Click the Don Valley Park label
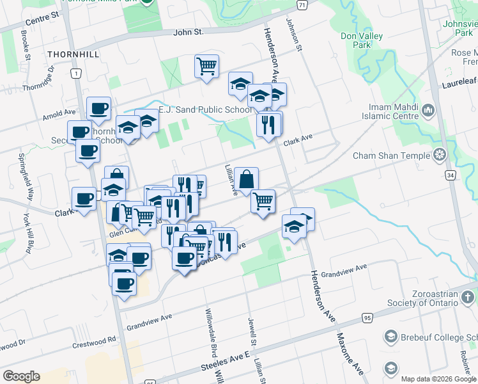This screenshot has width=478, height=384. tap(362, 40)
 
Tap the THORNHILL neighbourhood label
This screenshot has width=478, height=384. tap(73, 54)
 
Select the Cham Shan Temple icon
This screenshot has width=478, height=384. tap(439, 155)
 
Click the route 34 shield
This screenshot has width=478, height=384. tap(451, 174)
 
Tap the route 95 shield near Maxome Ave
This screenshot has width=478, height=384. tap(366, 317)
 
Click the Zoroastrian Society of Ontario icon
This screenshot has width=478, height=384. tap(468, 296)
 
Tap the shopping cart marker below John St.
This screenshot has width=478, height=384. tap(207, 65)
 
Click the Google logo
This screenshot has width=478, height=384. tap(21, 376)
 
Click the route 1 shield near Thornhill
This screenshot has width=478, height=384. tap(76, 74)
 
